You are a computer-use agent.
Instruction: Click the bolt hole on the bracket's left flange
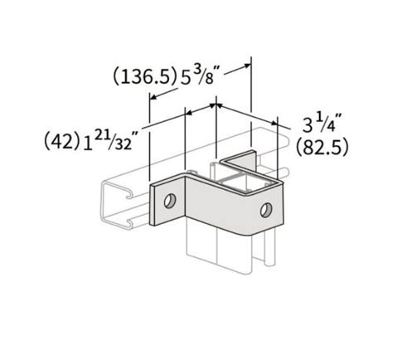click(169, 200)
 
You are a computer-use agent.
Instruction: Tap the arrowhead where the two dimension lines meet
click(216, 106)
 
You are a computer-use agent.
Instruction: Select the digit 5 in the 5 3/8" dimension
click(191, 77)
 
